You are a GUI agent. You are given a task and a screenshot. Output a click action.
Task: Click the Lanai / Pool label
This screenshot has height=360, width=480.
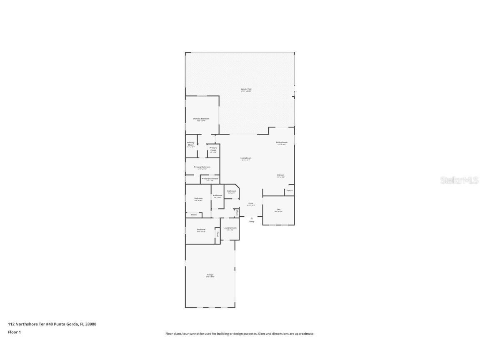tap(246, 90)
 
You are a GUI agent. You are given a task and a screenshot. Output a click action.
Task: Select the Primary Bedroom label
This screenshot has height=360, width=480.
tap(201, 119)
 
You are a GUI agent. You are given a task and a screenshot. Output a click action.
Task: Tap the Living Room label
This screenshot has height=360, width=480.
tap(246, 158)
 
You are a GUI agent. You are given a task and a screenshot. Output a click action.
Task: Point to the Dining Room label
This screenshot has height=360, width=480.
tap(282, 142)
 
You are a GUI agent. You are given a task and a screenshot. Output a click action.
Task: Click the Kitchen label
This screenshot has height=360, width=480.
tap(281, 175)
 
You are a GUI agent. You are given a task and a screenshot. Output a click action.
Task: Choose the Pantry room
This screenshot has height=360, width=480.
tap(289, 191)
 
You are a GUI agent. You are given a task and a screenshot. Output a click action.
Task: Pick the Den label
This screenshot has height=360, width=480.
tap(278, 210)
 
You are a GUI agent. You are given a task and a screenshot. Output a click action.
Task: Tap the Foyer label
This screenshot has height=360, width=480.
tap(251, 204)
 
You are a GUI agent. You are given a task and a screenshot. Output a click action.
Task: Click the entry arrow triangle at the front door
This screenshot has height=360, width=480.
tap(252, 218)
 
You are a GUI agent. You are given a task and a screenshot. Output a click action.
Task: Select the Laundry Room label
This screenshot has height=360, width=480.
tap(230, 228)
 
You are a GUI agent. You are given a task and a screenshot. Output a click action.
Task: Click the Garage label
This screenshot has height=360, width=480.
tap(210, 275)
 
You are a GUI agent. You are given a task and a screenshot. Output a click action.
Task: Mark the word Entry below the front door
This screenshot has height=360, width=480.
tap(252, 222)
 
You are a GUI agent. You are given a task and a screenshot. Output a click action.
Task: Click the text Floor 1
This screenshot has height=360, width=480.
tap(14, 332)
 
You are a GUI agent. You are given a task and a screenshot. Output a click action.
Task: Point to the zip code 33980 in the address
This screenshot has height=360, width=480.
tap(91, 324)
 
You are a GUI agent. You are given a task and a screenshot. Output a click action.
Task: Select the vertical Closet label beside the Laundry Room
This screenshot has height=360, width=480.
tap(217, 234)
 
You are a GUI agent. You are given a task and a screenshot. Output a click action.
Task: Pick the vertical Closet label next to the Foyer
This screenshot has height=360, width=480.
tap(237, 212)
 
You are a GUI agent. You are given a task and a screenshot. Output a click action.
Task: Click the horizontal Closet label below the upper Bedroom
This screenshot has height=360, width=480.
tap(194, 215)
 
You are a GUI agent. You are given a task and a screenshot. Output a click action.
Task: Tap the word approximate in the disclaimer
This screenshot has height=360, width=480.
tap(305, 334)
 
